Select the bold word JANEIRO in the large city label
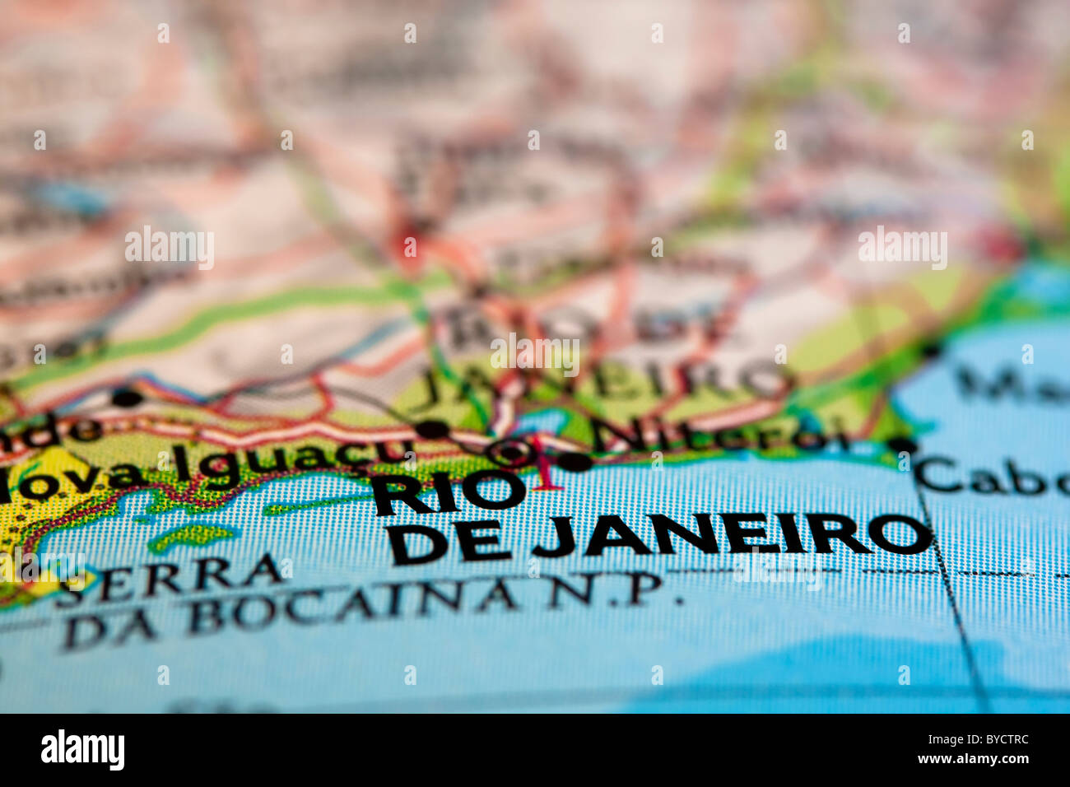point(733,536)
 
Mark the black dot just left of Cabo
point(903,446)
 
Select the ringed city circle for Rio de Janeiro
point(511,451)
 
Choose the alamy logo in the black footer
point(82,750)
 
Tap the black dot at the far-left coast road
point(126,398)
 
